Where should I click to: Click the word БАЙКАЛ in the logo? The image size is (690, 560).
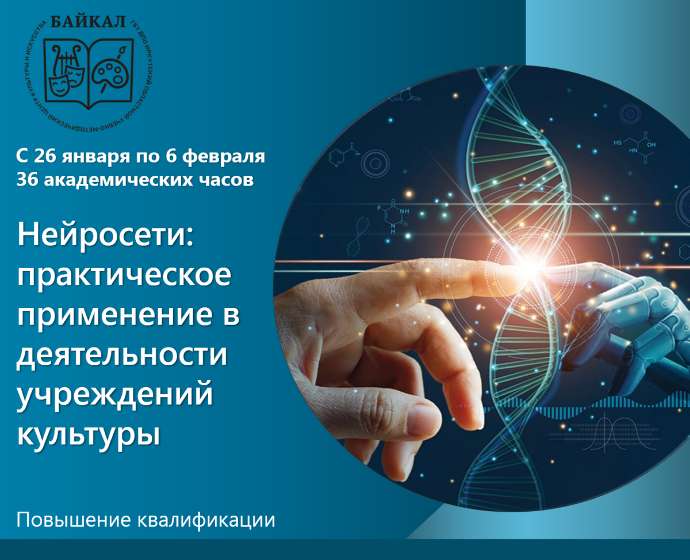coord(88,21)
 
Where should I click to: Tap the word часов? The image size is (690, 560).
coord(227,180)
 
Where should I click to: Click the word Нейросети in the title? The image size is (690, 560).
coord(103,236)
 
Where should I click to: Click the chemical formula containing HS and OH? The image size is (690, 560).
coord(635,147)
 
